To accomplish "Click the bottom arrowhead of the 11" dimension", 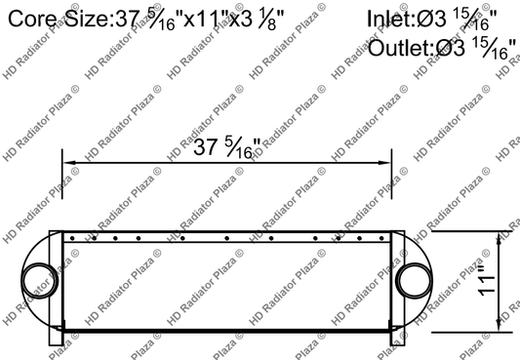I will tap(501, 326).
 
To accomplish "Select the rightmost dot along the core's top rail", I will tap(381, 236).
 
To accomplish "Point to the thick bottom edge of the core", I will tap(226, 331).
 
